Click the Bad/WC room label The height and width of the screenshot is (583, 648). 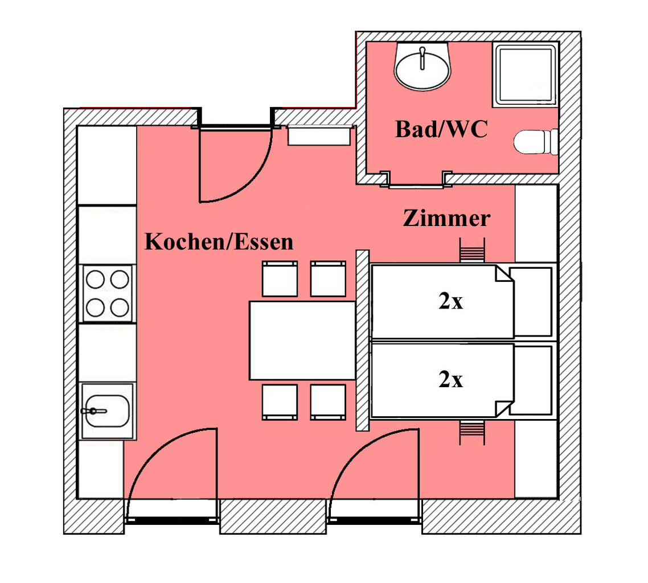coord(441,130)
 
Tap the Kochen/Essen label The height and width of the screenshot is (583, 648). coord(219,241)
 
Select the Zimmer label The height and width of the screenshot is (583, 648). coord(446,218)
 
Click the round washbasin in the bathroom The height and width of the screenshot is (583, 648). coord(423,69)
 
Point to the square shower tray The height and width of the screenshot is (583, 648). coord(524,75)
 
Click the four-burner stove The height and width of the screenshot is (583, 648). coord(106,294)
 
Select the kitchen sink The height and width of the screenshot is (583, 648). coord(106,410)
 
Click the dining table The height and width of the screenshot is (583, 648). coord(302,340)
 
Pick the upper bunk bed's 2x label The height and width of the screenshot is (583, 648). coord(450,302)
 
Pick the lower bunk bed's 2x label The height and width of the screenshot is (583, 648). coord(450,380)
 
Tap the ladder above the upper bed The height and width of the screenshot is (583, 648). coord(472,251)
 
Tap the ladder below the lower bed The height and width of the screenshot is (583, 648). coord(472,433)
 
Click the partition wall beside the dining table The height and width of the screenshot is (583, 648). coord(362,340)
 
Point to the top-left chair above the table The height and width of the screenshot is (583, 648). coord(280,279)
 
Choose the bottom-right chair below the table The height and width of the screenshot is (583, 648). coord(328,402)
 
